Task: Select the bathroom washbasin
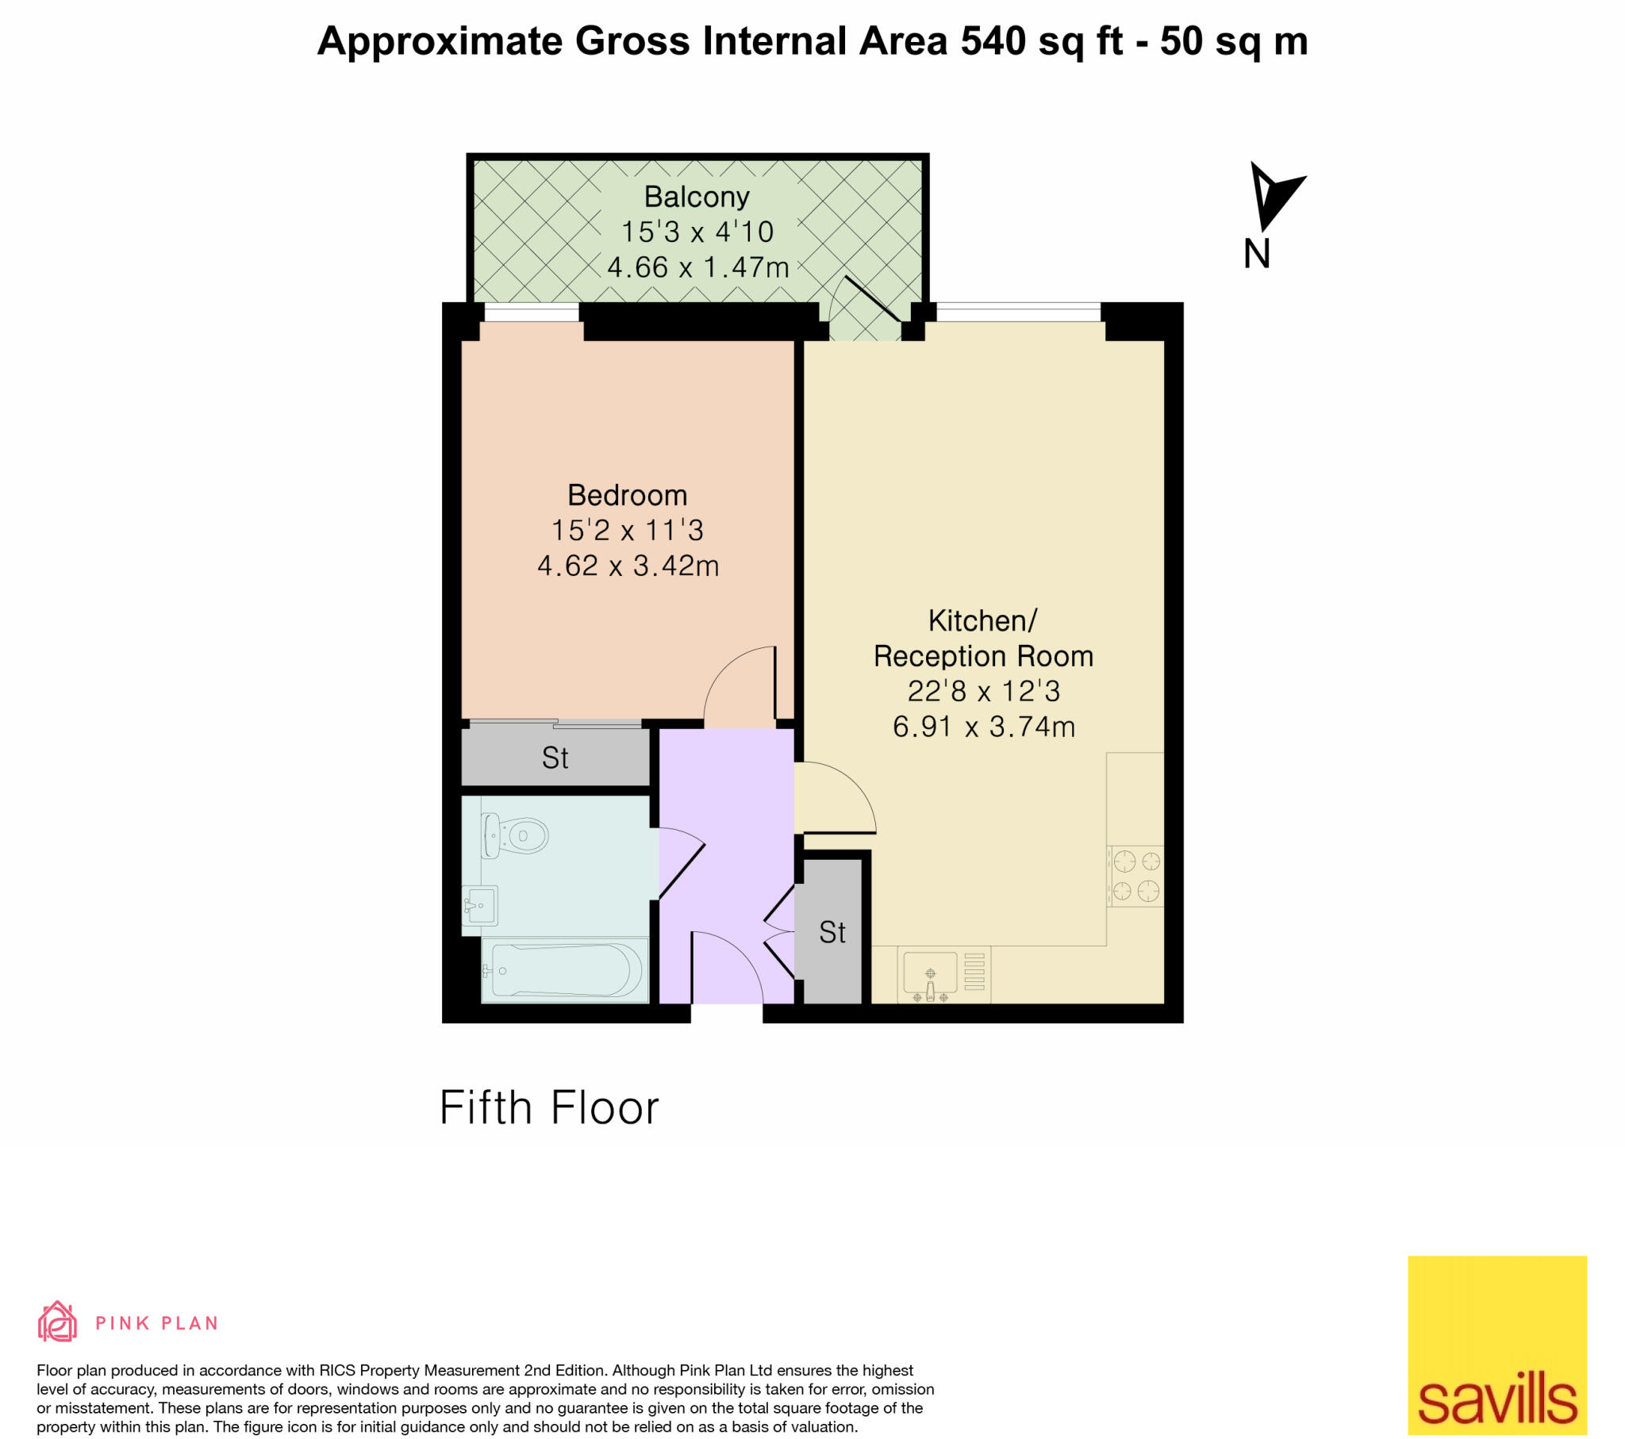[480, 906]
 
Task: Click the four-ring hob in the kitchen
[1136, 876]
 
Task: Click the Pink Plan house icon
[57, 1322]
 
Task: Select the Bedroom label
[628, 495]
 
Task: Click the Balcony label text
[697, 197]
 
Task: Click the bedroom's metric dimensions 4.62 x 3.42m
[628, 566]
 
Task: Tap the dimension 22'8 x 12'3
[983, 691]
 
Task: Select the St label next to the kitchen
[832, 933]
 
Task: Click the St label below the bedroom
[555, 758]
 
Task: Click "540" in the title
[993, 41]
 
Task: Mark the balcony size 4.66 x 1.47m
[698, 267]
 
